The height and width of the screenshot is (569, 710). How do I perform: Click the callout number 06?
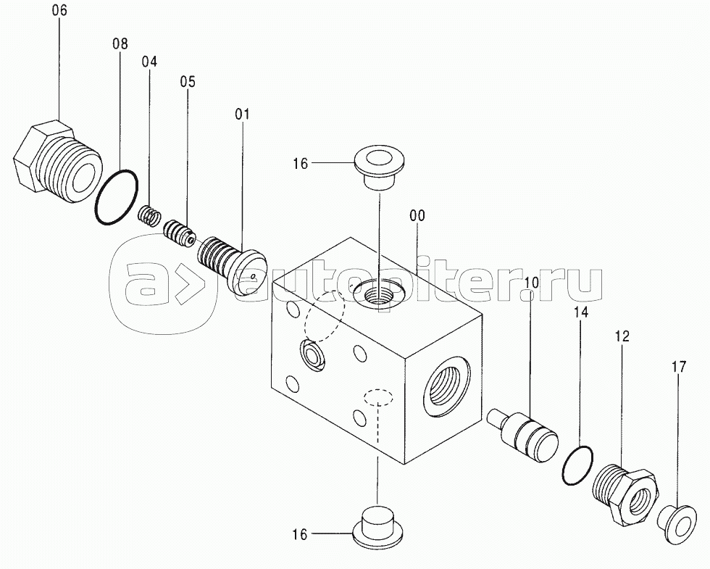tap(59, 11)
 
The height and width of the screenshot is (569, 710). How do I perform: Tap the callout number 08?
tap(120, 44)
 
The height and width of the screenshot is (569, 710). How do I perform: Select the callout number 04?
tap(149, 62)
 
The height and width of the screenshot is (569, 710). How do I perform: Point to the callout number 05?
tap(188, 82)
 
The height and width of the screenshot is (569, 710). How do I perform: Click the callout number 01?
tap(242, 115)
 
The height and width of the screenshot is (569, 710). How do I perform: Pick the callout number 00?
tap(417, 216)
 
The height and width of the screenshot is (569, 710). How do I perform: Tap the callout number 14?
tap(581, 312)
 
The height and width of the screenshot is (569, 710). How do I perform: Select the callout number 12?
tap(622, 336)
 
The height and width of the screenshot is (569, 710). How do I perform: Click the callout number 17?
tap(678, 367)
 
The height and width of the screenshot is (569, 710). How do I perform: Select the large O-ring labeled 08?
tap(117, 196)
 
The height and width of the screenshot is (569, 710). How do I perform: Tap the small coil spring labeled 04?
tap(149, 216)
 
